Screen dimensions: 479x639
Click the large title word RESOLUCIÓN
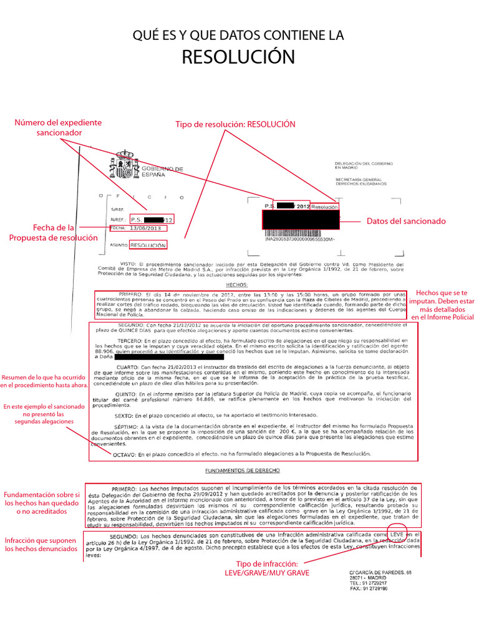coord(238,57)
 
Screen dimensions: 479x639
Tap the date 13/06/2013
coord(145,228)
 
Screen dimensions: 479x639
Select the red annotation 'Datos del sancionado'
coord(406,221)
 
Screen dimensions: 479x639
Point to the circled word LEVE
coord(397,534)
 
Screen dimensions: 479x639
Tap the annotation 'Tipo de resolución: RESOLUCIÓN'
coord(235,124)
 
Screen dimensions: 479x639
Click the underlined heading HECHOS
coord(236,284)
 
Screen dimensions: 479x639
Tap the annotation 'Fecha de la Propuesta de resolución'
coord(54,233)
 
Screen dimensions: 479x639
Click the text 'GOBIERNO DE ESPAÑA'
coord(162,172)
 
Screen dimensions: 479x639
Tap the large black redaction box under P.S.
coord(301,220)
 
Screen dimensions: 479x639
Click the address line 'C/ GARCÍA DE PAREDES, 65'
coord(380,572)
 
